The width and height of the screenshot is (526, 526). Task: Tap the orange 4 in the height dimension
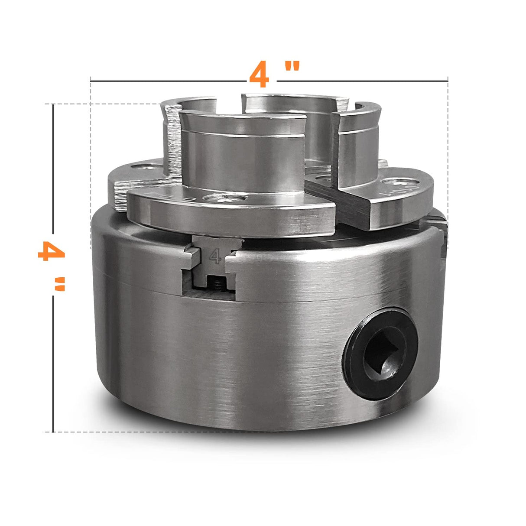point(51,251)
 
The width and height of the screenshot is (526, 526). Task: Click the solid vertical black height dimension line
point(53,269)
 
